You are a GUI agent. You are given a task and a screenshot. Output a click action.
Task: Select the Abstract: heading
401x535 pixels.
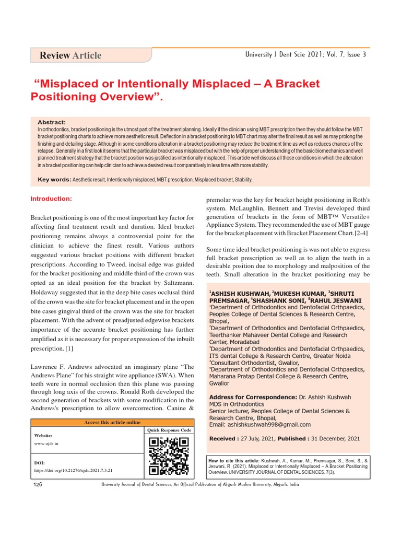52,122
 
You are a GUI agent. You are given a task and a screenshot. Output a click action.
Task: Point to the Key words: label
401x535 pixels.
55,180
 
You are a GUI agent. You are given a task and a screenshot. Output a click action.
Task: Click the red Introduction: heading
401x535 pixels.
51,199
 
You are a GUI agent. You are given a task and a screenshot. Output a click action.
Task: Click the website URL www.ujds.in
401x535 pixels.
46,443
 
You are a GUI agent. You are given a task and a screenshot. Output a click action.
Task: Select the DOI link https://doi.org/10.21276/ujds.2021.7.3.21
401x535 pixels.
73,470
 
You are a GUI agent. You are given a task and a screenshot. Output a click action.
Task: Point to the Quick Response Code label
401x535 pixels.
169,430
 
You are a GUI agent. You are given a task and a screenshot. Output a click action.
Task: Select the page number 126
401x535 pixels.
38,485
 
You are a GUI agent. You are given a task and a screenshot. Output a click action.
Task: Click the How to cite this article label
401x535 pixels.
239,460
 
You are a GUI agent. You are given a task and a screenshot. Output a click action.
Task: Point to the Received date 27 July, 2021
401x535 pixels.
257,438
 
